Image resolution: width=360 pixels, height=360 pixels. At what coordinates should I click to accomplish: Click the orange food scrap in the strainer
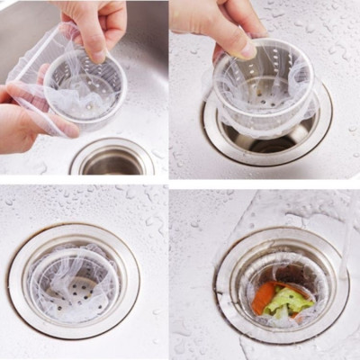[x=267, y=297]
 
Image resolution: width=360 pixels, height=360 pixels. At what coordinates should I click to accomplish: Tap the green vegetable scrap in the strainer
[x=290, y=301]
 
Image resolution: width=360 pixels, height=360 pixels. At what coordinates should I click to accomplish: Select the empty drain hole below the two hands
[x=112, y=160]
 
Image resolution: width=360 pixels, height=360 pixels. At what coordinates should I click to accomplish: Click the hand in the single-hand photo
[x=216, y=22]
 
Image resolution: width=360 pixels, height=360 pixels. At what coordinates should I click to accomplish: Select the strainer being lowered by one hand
[x=263, y=90]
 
